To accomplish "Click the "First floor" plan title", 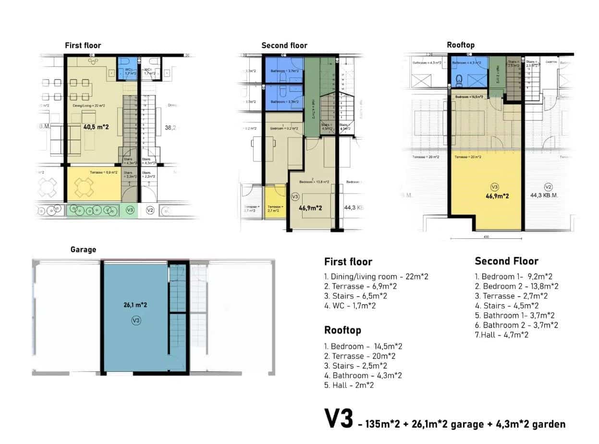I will pos(83,45).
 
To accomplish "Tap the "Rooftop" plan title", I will pos(460,45).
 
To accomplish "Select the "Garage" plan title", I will pos(83,249).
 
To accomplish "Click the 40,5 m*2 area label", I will pos(96,127).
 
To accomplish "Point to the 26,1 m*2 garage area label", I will pos(135,305).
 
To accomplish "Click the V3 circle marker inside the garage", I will pos(136,321).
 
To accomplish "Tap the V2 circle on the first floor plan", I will pos(150,210).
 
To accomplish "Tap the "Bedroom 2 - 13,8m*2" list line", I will pos(516,286).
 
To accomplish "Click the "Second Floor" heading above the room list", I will pos(506,261).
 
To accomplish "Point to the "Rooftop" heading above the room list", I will pos(342,330).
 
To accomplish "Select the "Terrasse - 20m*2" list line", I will pos(360,356).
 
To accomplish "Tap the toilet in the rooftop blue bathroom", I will pos(459,79).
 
